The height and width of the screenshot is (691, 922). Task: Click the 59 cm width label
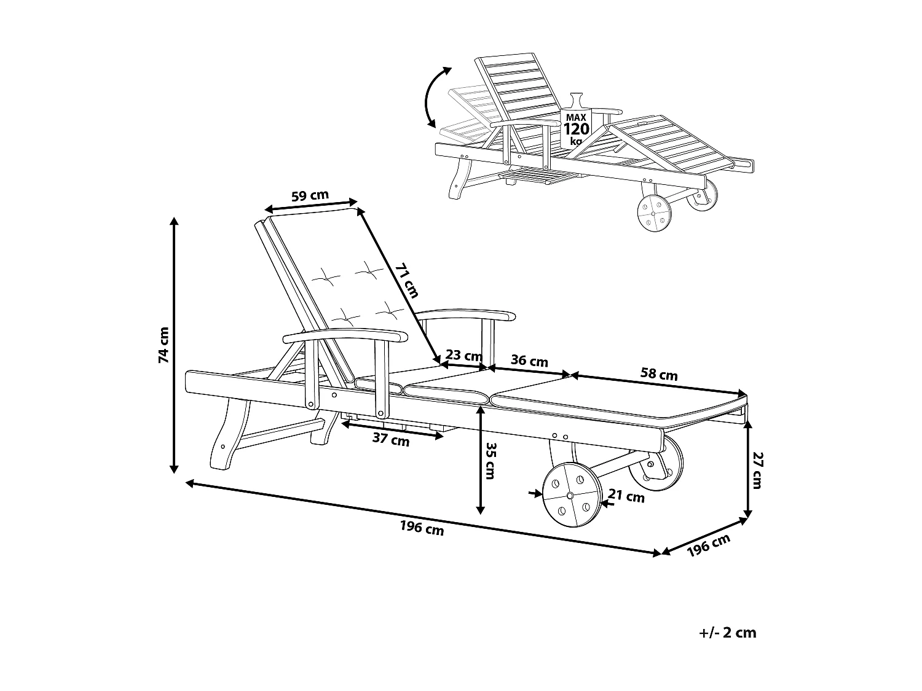(310, 196)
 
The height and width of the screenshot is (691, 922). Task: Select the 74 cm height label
(164, 345)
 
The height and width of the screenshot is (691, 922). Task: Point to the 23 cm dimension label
(463, 355)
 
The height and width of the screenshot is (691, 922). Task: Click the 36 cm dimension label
(529, 361)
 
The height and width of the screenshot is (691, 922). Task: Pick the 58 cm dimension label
(659, 373)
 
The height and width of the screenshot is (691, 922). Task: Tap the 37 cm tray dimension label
(391, 440)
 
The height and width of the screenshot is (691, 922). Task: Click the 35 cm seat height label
(489, 461)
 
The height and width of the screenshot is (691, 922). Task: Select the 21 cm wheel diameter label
(626, 496)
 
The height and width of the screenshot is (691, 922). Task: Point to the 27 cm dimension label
(757, 470)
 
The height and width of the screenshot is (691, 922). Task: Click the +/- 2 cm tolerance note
(728, 633)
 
